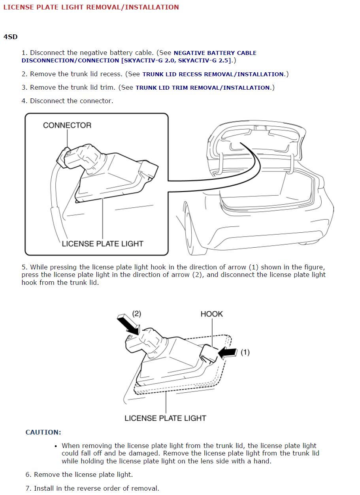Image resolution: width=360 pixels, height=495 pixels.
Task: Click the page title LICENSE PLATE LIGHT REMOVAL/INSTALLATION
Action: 91,7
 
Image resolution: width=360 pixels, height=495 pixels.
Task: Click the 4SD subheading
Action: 10,37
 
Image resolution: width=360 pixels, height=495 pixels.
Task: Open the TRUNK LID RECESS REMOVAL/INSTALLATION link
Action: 213,74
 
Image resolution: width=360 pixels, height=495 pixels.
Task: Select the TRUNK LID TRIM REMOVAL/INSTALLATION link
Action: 203,88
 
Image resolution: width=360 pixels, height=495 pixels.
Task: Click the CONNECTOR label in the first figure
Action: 67,125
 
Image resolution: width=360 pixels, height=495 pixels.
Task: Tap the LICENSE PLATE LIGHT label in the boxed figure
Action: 102,244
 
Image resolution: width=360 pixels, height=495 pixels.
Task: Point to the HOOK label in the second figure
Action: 211,314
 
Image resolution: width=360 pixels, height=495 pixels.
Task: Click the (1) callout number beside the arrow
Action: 245,352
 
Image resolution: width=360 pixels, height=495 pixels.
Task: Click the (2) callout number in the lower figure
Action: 136,314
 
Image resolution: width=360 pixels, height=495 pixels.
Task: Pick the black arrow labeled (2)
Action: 129,323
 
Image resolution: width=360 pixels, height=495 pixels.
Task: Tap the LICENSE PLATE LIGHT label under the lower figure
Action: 165,418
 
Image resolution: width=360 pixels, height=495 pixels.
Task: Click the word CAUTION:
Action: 43,432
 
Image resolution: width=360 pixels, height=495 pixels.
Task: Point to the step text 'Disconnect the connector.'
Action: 72,101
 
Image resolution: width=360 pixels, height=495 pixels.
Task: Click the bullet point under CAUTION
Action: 56,446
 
